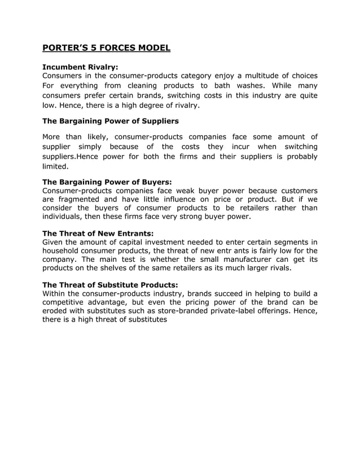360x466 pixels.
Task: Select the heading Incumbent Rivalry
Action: (80, 67)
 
